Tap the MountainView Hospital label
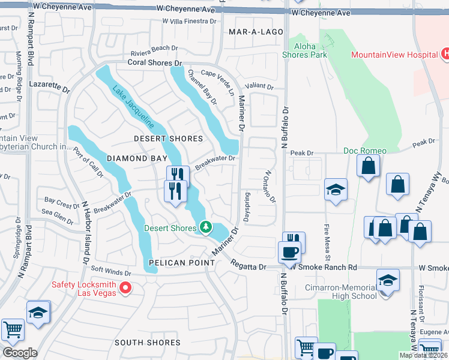click(x=394, y=55)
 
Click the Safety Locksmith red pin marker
click(x=125, y=289)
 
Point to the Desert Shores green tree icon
click(x=205, y=227)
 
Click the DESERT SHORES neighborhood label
click(x=169, y=139)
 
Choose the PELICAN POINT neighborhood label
click(x=182, y=263)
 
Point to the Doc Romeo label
click(x=365, y=150)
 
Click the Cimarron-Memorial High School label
click(x=340, y=291)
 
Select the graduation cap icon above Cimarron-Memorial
click(x=388, y=279)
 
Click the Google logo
click(x=20, y=352)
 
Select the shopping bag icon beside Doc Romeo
click(x=367, y=165)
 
